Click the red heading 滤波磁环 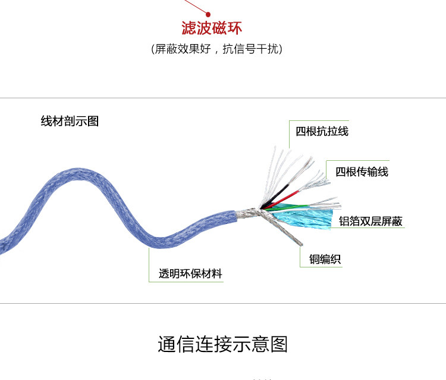coord(212,28)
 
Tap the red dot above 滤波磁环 coord(208,14)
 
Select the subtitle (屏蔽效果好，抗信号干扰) coord(216,49)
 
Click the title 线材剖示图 coord(70,121)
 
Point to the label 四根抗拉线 coord(322,131)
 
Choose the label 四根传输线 coord(362,172)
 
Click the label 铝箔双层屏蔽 coord(370,221)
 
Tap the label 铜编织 coord(325,259)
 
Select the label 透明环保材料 coord(190,273)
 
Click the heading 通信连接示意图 coord(223,344)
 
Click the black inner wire coord(275,196)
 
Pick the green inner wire coord(287,207)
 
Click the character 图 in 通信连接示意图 coord(279,344)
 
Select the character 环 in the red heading coord(235,28)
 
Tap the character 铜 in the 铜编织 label coord(315,259)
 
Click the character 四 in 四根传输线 coord(341,172)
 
